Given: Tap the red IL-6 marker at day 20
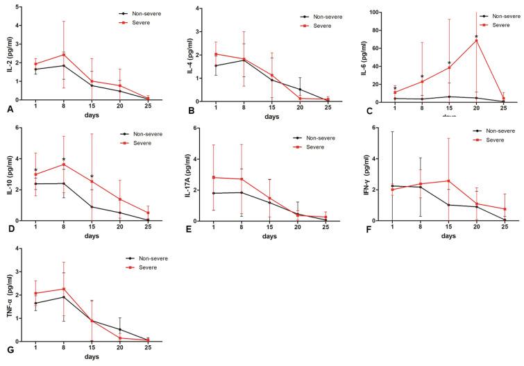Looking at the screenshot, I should pyautogui.click(x=476, y=40).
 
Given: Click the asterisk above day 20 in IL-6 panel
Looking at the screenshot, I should pyautogui.click(x=476, y=36).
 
